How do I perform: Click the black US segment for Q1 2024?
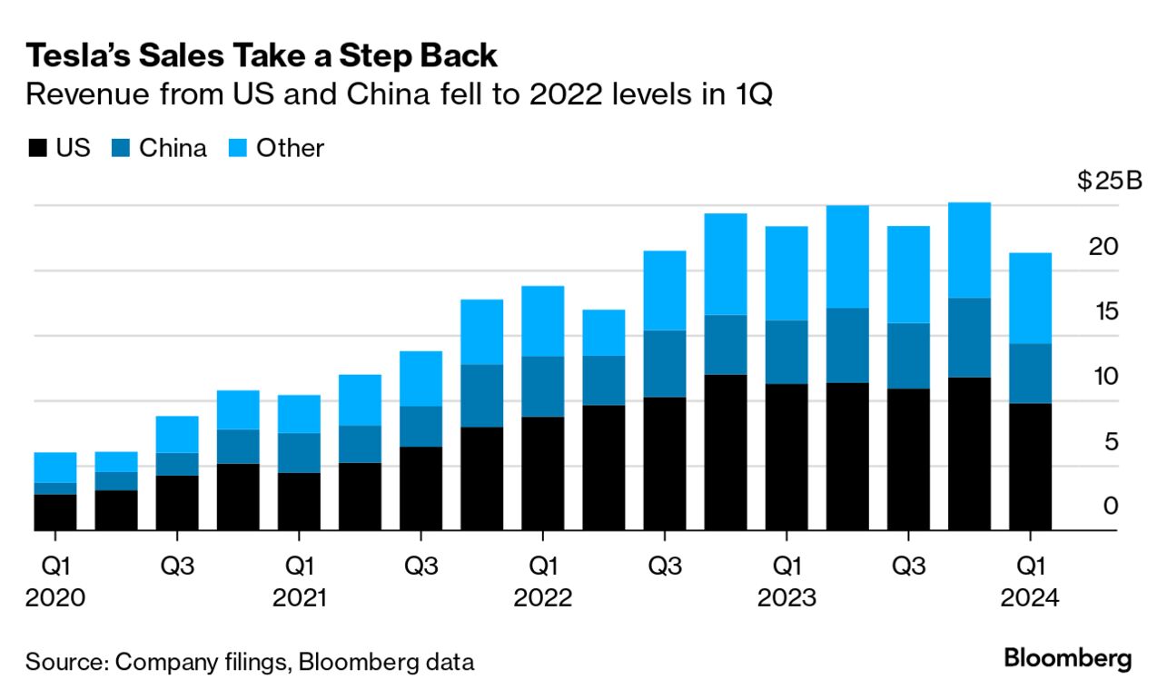click(x=1031, y=467)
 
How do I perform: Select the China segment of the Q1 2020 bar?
click(x=55, y=488)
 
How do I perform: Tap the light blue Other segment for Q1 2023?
click(x=786, y=273)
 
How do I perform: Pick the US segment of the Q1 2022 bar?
click(x=543, y=473)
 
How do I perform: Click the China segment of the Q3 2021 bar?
click(x=420, y=426)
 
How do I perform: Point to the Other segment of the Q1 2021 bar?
click(x=299, y=414)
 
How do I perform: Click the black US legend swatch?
click(x=36, y=149)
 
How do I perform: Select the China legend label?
click(x=173, y=149)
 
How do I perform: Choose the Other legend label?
click(x=290, y=149)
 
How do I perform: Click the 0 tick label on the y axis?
click(x=1110, y=507)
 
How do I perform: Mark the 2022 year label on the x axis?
click(x=543, y=599)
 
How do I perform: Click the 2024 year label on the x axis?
click(x=1030, y=599)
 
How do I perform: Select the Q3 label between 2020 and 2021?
click(x=177, y=566)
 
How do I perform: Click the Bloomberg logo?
click(x=1068, y=659)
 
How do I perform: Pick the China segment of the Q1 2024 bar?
click(x=1031, y=373)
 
